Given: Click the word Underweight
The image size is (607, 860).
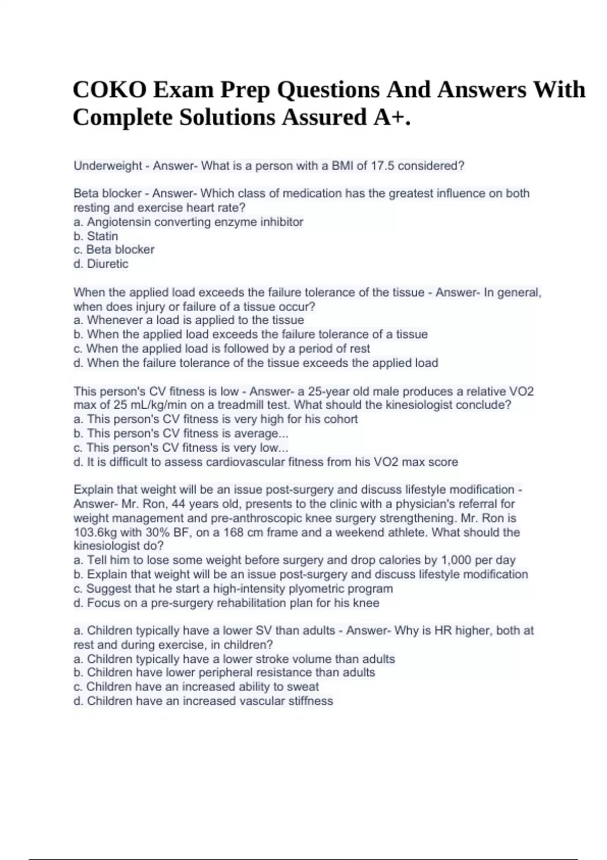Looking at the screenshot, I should click(108, 166).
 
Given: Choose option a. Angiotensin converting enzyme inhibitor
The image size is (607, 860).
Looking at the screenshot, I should click(188, 222).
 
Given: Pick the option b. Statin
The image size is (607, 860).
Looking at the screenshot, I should click(96, 236).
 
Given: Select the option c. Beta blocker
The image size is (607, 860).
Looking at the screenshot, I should click(114, 250).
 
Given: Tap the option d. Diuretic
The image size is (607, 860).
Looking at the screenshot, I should click(101, 264).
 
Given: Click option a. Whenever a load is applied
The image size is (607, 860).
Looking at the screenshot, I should click(189, 320).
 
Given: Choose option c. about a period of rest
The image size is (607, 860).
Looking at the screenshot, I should click(222, 349).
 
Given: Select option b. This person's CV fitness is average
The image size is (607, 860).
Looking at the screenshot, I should click(181, 434).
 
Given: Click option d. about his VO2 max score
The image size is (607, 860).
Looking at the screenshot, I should click(266, 462).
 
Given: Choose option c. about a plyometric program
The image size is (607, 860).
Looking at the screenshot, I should click(233, 589).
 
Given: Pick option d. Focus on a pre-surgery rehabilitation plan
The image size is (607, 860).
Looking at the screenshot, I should click(226, 603).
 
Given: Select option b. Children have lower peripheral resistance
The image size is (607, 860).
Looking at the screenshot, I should click(224, 673).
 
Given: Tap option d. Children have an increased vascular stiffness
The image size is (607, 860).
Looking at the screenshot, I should click(203, 701).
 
